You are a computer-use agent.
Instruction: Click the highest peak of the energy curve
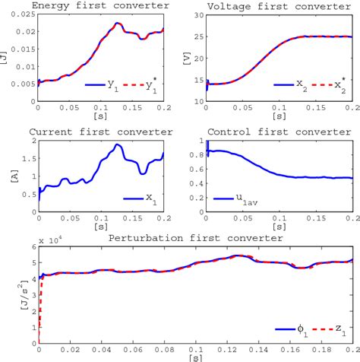117,24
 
